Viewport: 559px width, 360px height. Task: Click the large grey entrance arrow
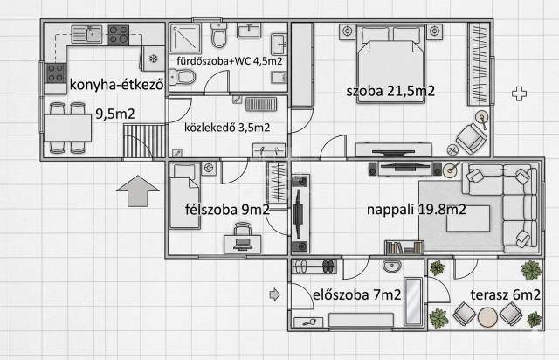click(x=138, y=190)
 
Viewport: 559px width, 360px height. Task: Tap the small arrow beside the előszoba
click(x=274, y=294)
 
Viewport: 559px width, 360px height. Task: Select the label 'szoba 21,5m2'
click(x=390, y=91)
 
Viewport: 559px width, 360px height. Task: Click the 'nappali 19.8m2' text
click(x=416, y=210)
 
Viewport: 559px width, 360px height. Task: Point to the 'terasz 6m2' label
click(x=505, y=294)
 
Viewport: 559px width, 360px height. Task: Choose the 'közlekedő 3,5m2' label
click(x=227, y=128)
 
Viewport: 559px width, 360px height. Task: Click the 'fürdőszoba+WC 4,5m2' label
click(x=230, y=61)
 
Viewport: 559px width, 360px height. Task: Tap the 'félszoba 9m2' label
click(x=227, y=210)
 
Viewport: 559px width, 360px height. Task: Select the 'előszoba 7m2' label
click(x=357, y=295)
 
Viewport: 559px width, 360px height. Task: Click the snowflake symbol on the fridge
click(x=154, y=59)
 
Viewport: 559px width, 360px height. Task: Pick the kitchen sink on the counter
click(x=87, y=34)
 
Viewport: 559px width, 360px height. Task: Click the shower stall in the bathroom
click(x=185, y=39)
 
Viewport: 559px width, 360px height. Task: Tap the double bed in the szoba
click(x=391, y=64)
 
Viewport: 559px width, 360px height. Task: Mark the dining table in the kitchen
click(x=68, y=128)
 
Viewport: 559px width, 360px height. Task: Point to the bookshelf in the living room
click(x=404, y=247)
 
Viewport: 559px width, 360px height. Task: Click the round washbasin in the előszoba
click(x=392, y=266)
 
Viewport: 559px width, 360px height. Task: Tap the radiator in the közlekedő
click(x=261, y=104)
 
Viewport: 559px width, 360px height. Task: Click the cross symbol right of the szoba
click(x=519, y=93)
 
